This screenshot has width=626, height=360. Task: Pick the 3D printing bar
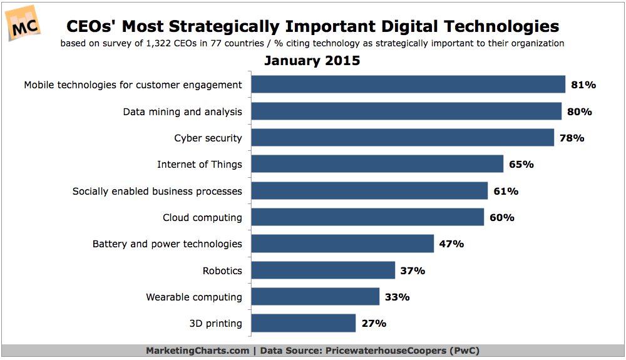(x=303, y=323)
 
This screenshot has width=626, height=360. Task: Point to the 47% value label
(x=451, y=244)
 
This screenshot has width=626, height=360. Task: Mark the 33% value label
(x=397, y=297)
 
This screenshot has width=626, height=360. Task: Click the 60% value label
(x=501, y=217)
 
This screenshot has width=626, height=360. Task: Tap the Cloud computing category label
(x=202, y=217)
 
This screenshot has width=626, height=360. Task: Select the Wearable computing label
(x=193, y=297)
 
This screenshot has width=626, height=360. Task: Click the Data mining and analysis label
(x=182, y=111)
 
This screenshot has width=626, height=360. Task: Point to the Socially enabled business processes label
(x=157, y=191)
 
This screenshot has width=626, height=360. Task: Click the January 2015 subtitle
(x=312, y=61)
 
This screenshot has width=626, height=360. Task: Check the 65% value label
(x=521, y=164)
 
